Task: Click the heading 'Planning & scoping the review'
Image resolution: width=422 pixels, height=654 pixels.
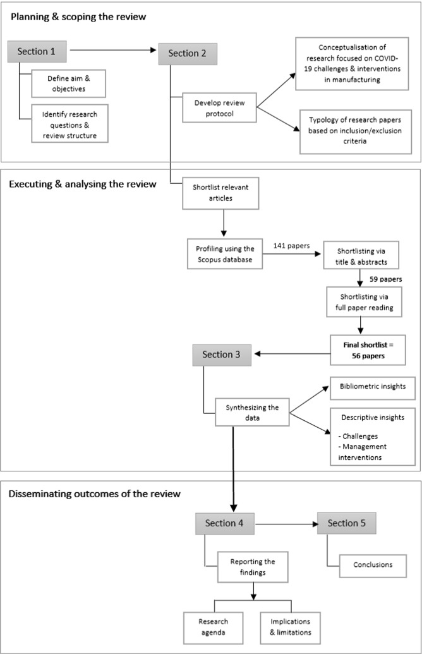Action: tap(77, 17)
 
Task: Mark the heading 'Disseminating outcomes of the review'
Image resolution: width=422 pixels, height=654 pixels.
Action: tap(95, 494)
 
